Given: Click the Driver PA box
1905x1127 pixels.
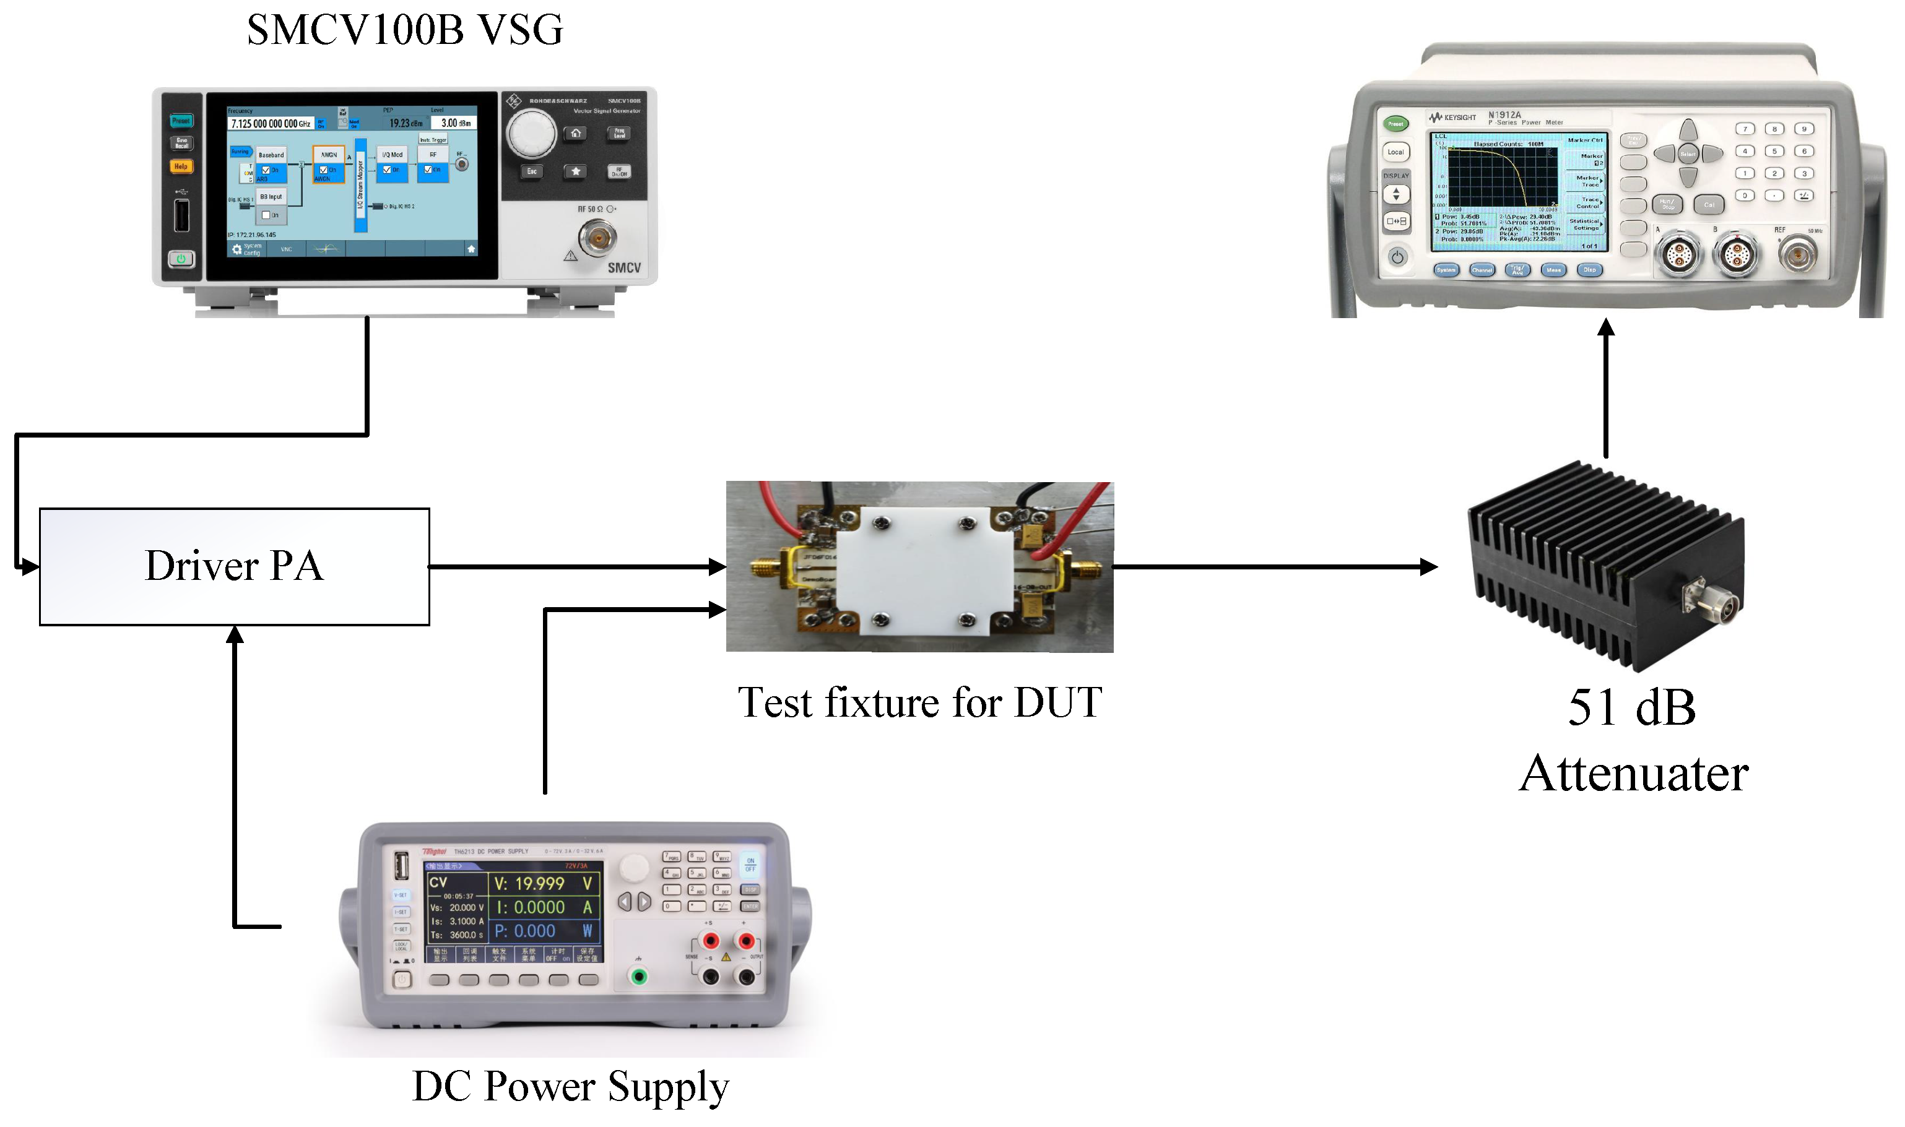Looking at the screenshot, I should tap(234, 566).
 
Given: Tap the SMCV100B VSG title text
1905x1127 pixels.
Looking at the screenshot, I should tap(405, 30).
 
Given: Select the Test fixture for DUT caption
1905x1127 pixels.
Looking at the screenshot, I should tap(920, 702).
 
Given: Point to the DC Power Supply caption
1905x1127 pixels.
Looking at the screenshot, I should tap(570, 1086).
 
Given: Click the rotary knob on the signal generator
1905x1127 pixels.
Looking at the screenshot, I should tap(532, 134).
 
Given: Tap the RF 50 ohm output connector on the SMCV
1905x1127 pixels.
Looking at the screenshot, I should tap(598, 238).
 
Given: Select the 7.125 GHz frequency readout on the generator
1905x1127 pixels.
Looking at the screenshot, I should tap(271, 124).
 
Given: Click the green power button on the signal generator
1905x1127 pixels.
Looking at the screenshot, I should tap(181, 259).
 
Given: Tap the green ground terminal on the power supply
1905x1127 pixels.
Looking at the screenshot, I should tap(640, 977).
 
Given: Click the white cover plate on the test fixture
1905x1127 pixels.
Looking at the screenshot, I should tap(925, 568).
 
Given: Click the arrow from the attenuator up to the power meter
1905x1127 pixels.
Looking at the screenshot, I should tap(1606, 387).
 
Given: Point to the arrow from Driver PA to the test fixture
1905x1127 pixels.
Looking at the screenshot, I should tap(577, 566).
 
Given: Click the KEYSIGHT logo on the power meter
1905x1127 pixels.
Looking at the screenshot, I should tap(1453, 118).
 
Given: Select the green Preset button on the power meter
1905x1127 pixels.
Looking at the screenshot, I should tap(1395, 124).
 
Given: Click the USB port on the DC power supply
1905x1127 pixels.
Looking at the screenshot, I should tap(402, 866).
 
